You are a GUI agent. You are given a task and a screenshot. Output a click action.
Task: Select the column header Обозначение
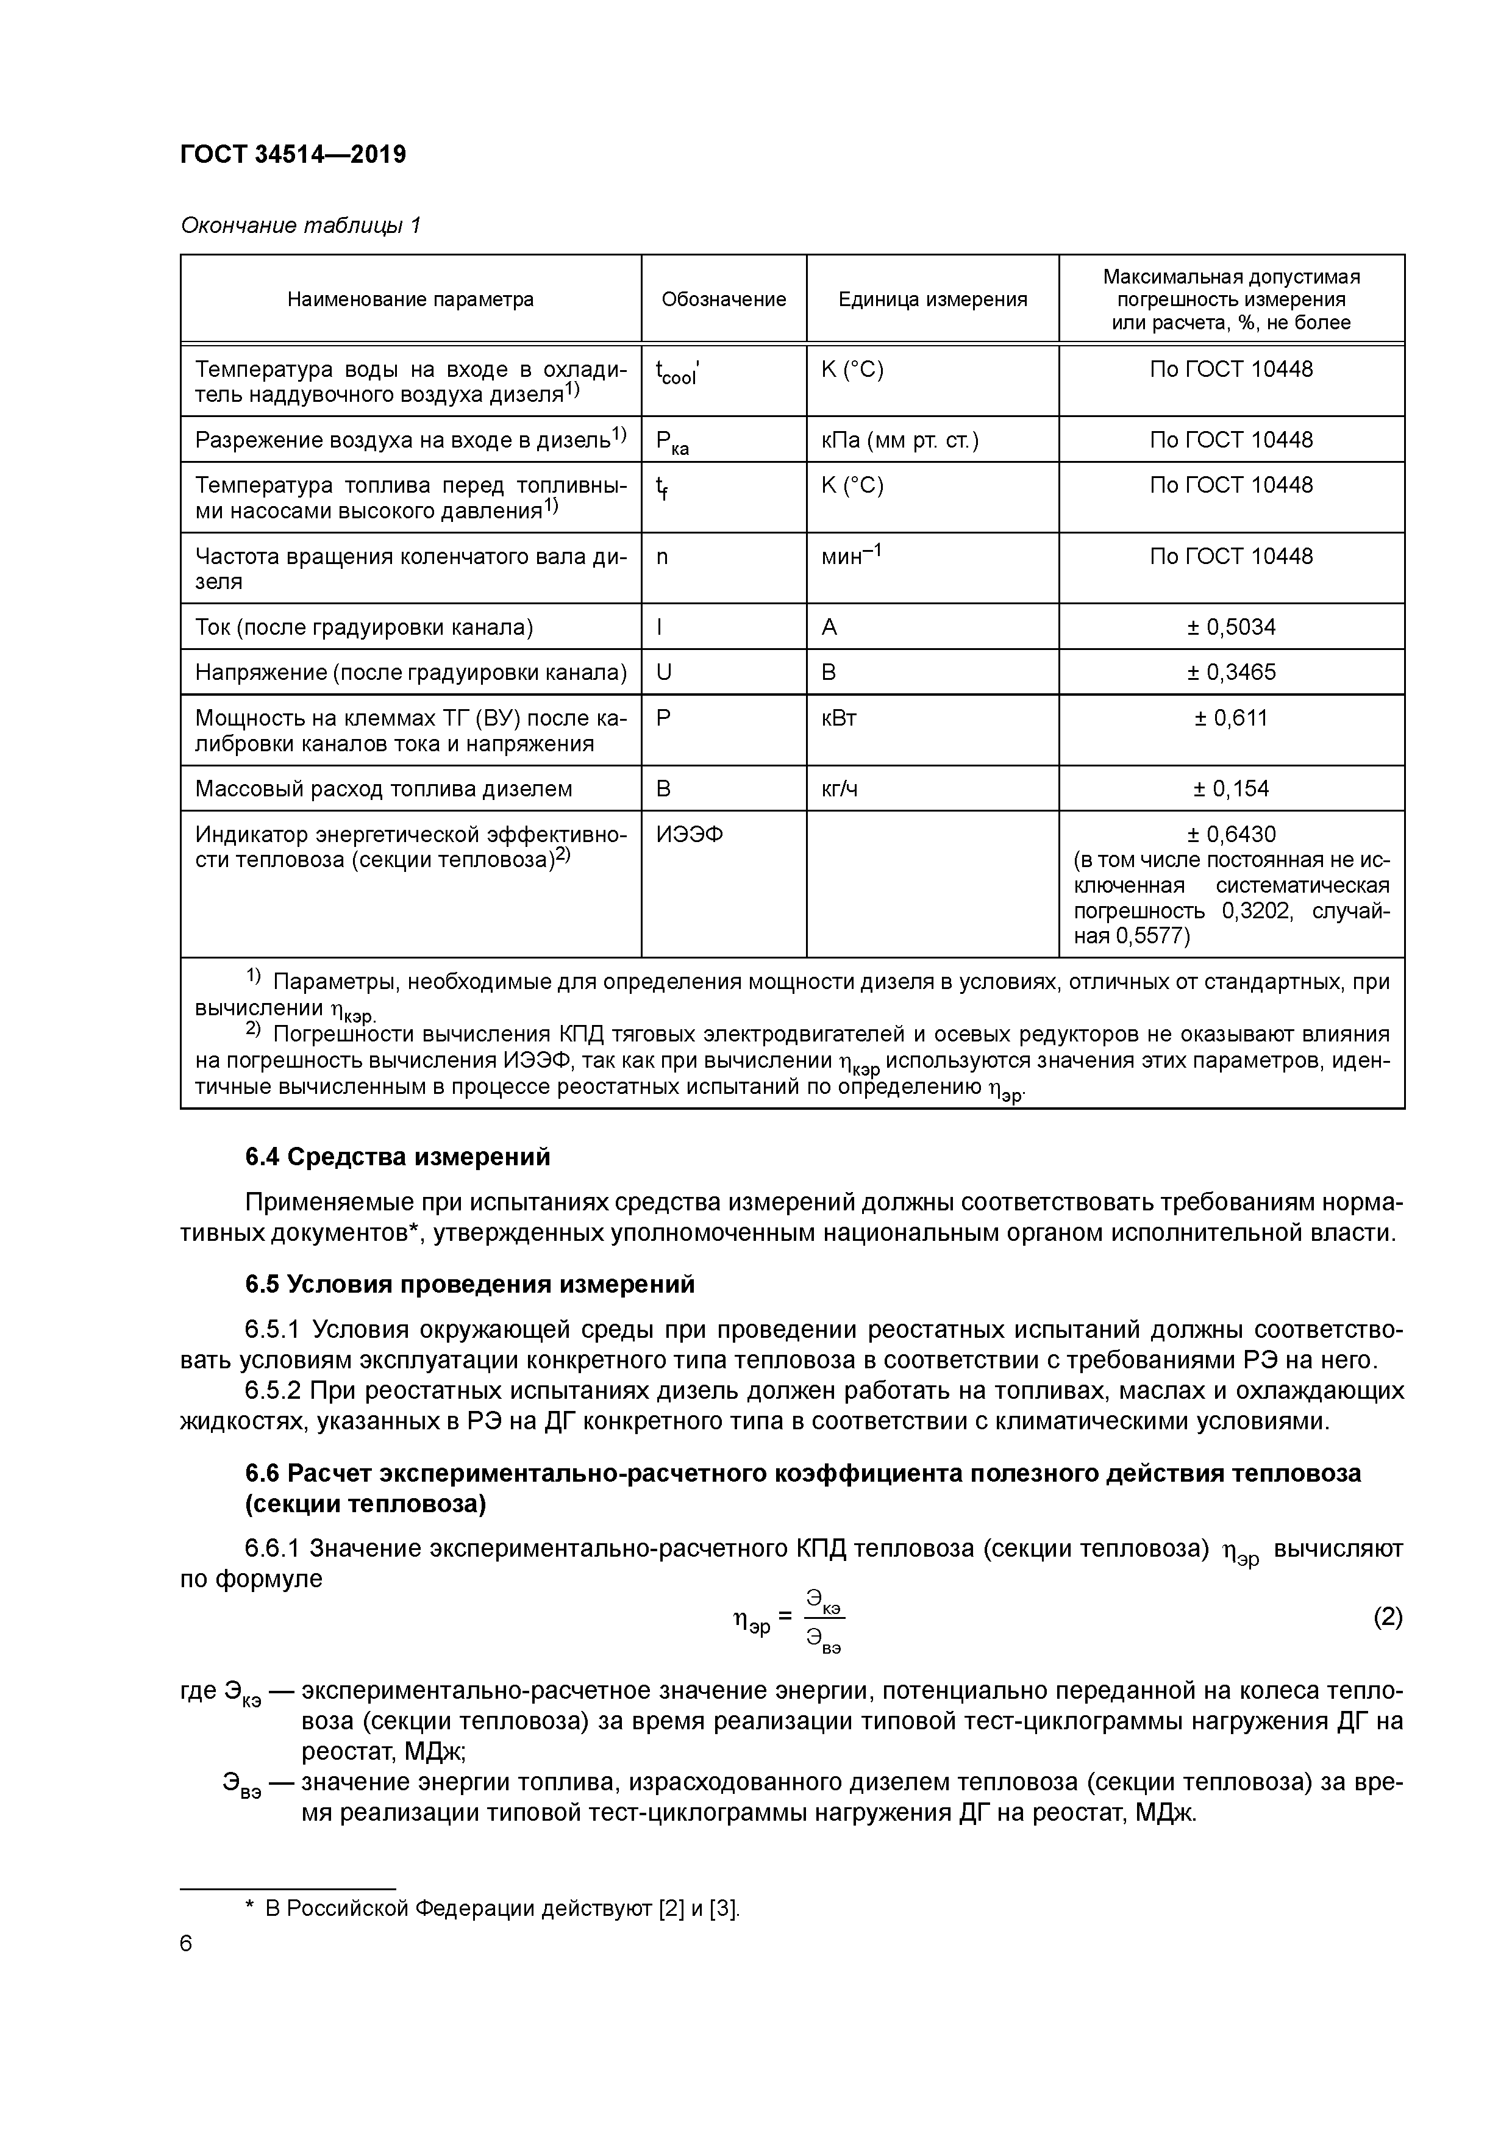(x=723, y=299)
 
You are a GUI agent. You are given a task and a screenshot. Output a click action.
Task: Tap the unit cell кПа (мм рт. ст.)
(x=899, y=440)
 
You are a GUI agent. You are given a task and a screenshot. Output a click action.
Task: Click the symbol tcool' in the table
(x=677, y=373)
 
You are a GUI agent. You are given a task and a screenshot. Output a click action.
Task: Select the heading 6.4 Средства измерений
(x=398, y=1157)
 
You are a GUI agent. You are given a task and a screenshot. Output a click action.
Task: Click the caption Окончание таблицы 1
(x=300, y=226)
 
